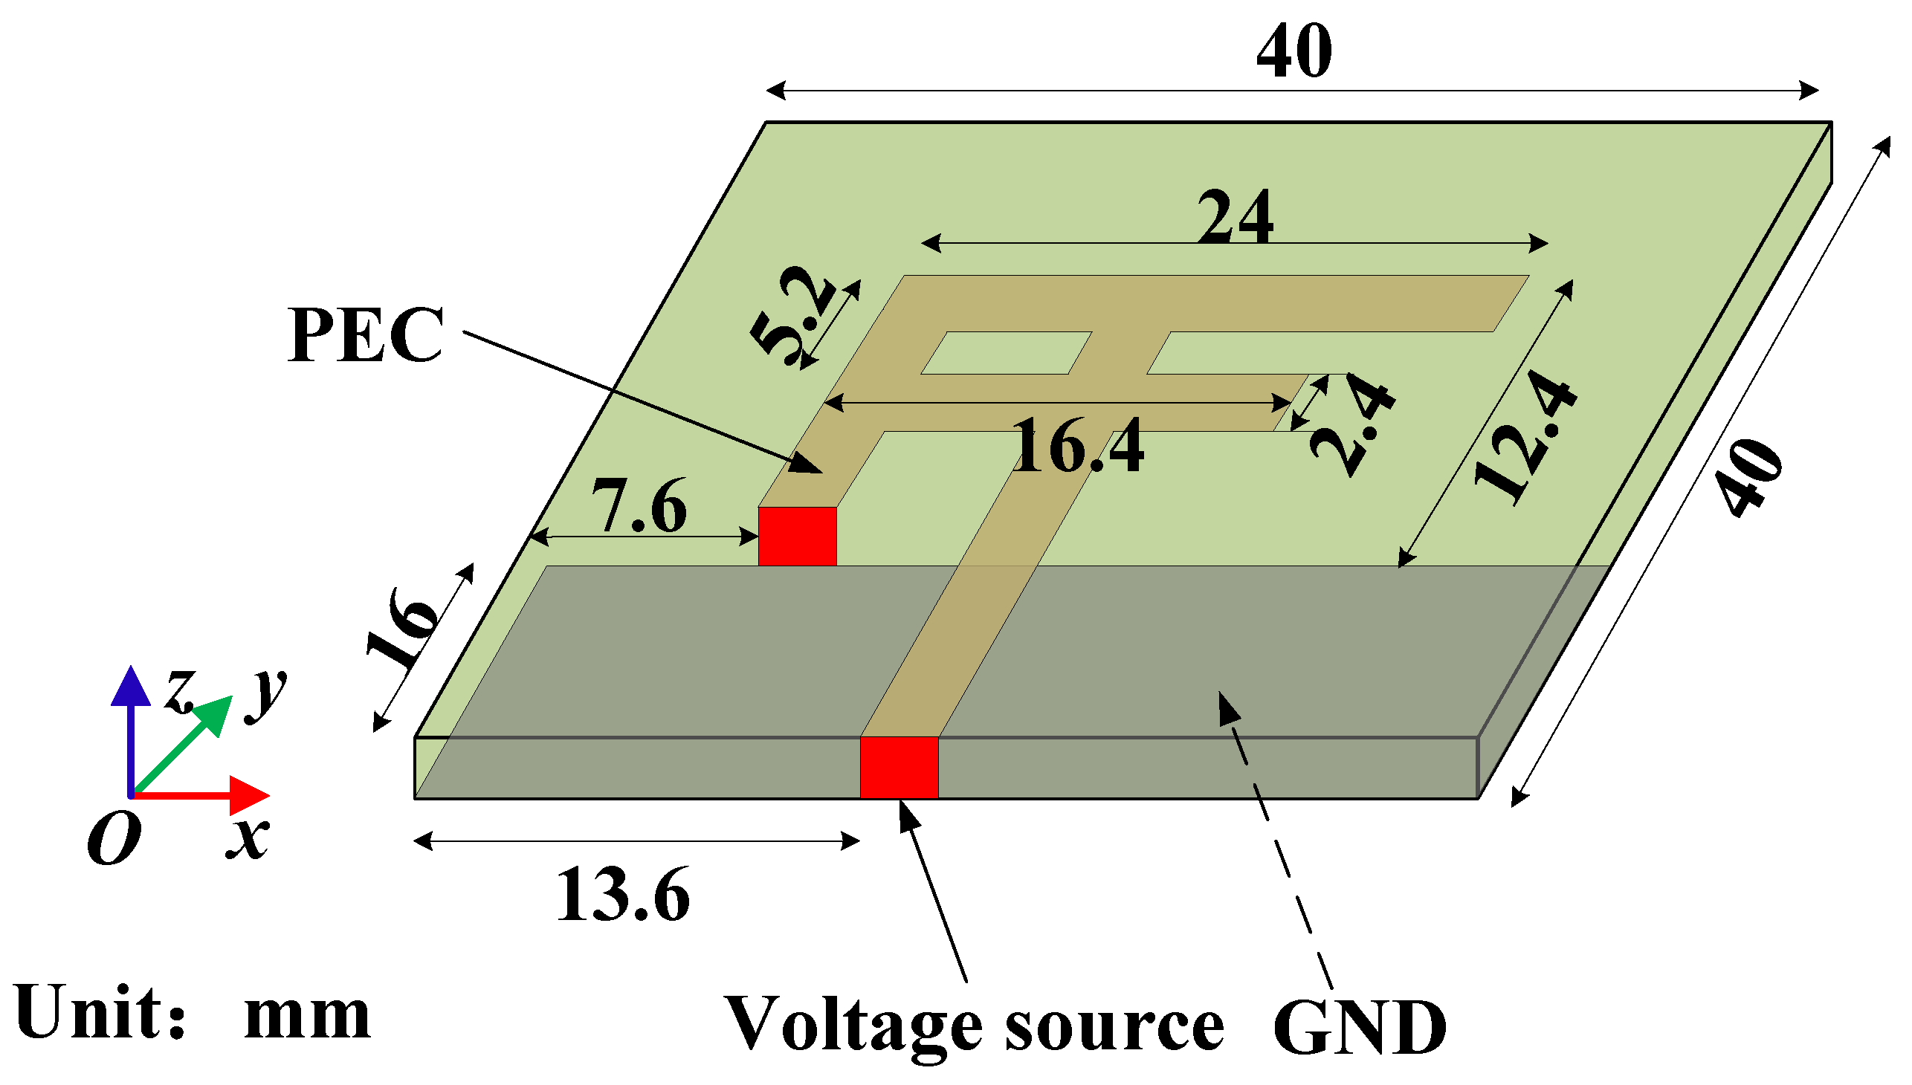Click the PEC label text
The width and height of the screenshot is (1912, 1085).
[366, 336]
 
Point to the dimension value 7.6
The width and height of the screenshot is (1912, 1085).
[639, 507]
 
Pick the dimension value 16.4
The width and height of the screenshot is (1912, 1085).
[1078, 447]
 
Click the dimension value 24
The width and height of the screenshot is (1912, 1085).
[1236, 217]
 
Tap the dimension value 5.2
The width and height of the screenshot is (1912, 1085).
[792, 317]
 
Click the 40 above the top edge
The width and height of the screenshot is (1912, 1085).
[1294, 51]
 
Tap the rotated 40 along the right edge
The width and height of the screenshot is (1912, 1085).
[1751, 477]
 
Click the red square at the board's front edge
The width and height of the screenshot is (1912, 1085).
[899, 768]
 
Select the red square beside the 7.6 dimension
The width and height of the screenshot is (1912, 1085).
[797, 536]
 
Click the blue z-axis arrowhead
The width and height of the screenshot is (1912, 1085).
[131, 687]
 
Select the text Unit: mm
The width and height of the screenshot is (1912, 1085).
[192, 1014]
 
